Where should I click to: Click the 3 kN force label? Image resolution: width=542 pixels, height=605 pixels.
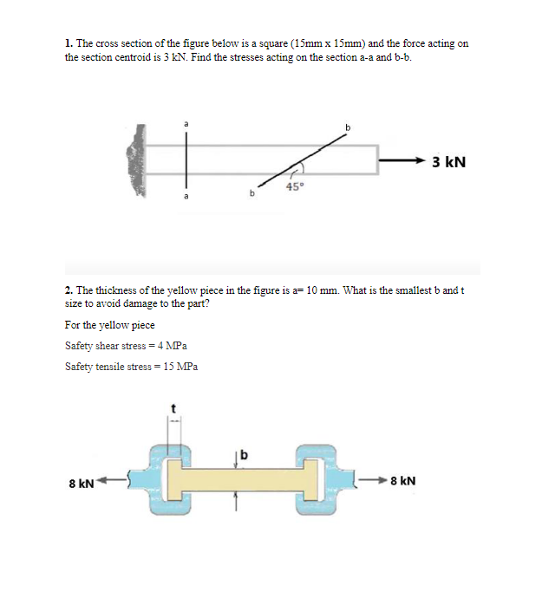click(448, 161)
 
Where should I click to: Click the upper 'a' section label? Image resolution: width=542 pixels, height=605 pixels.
click(185, 125)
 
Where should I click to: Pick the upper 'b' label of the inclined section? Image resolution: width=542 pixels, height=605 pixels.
click(349, 128)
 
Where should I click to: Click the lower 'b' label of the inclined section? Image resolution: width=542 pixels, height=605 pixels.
click(252, 195)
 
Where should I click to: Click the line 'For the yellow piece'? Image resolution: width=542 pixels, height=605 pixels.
click(110, 325)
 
